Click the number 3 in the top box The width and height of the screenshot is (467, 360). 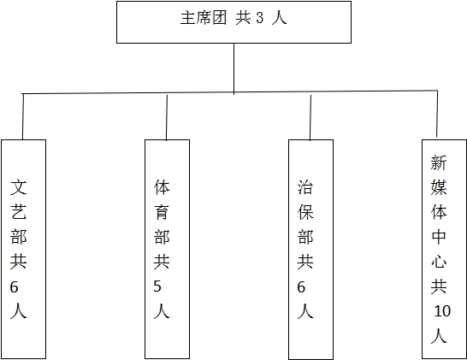(x=260, y=18)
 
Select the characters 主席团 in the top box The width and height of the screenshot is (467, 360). (x=204, y=18)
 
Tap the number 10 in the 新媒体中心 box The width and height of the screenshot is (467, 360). (x=442, y=311)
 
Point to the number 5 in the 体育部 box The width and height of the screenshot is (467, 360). (x=157, y=286)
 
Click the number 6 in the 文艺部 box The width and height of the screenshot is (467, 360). (x=14, y=287)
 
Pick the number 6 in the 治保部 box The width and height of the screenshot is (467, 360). (x=301, y=287)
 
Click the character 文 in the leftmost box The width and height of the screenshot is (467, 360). (x=19, y=187)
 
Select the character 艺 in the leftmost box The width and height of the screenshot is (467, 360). (x=19, y=212)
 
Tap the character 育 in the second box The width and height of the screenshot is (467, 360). (x=162, y=212)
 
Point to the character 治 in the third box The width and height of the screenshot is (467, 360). (x=305, y=187)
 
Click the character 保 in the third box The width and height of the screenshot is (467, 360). (x=305, y=212)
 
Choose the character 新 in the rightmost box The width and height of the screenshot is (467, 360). (x=439, y=162)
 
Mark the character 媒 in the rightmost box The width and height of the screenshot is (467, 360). (x=439, y=187)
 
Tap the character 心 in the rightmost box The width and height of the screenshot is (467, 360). (x=439, y=262)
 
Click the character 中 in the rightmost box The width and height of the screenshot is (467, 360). (x=439, y=237)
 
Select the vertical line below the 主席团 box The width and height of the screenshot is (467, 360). (x=233, y=69)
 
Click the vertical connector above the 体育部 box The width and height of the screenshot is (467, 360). (x=167, y=117)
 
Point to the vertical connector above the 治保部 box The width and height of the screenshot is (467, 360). (x=310, y=117)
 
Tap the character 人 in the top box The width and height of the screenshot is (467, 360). (x=279, y=18)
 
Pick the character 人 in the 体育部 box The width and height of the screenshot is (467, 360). (x=162, y=311)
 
